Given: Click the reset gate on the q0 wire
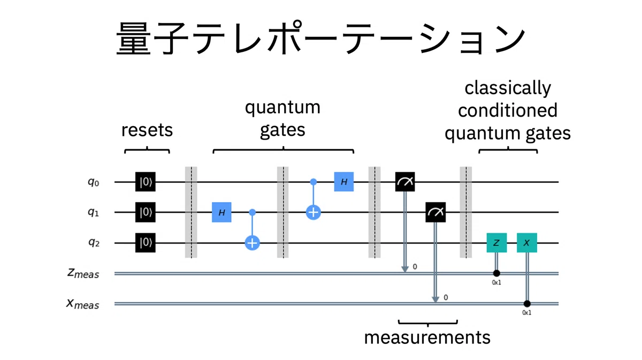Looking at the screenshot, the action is [146, 182].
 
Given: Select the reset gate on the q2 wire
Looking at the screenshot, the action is [146, 243].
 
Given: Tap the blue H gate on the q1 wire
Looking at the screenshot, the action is [221, 212].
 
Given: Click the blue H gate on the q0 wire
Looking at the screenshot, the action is [344, 182].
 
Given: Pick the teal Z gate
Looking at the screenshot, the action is [496, 243].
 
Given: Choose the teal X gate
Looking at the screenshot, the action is [527, 243].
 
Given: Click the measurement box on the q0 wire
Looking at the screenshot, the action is [405, 182].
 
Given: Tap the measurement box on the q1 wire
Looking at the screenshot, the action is [435, 212].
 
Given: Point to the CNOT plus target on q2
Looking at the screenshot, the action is [252, 243].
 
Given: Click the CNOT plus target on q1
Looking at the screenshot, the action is [314, 212].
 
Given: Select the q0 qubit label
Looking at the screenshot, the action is [94, 182].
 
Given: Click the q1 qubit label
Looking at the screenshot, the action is [94, 213].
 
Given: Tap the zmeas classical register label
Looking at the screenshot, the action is [83, 273].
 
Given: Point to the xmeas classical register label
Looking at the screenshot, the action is [83, 304].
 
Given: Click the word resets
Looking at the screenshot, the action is [147, 130].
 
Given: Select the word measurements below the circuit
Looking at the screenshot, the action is [427, 338].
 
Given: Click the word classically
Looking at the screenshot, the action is [508, 88].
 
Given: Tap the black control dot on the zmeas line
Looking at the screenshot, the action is [496, 273].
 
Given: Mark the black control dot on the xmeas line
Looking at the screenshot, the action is [527, 304].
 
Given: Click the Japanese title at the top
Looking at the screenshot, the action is [320, 38].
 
